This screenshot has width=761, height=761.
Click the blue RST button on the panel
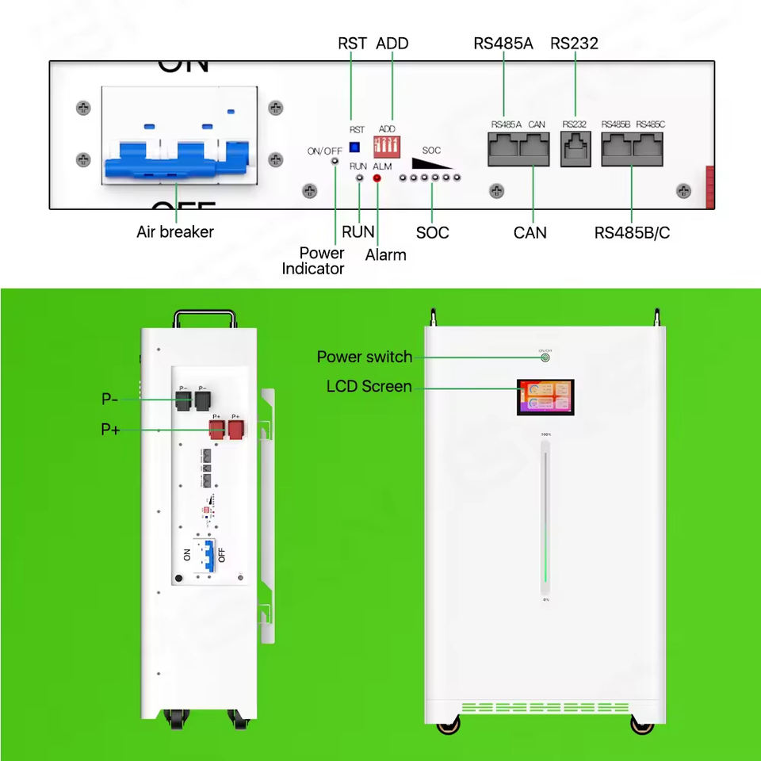pos(354,147)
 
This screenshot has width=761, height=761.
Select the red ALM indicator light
pos(377,178)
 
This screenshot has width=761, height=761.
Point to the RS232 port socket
pos(576,149)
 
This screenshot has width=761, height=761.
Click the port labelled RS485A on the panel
pos(503,149)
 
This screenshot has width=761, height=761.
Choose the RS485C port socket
pos(649,149)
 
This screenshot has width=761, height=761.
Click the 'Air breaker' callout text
pos(175,232)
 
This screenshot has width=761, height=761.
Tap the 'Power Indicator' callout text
pos(321,261)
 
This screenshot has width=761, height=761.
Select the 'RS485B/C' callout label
pos(632,233)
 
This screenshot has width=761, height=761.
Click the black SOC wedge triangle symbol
pos(431,162)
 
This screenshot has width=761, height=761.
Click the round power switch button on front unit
pos(545,358)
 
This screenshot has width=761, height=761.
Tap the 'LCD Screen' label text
pos(369,387)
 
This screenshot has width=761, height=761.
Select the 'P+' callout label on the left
pos(110,430)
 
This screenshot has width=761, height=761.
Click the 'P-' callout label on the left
pos(109,400)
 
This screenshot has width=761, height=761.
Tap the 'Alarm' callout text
pos(385,255)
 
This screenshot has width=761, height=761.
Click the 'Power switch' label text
pos(364,357)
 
